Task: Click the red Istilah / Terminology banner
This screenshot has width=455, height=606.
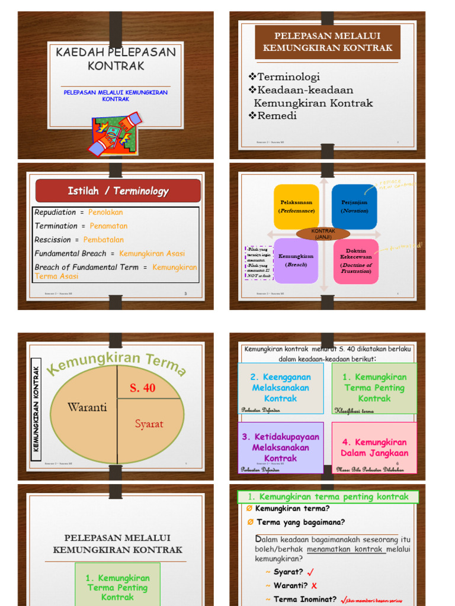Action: click(118, 191)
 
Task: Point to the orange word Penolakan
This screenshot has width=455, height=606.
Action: click(105, 212)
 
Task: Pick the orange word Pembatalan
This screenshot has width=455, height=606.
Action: click(104, 240)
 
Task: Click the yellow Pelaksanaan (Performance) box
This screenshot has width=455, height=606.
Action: click(296, 207)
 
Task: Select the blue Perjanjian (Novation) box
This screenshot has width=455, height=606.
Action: click(354, 207)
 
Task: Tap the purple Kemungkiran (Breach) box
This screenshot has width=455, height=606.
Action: click(296, 260)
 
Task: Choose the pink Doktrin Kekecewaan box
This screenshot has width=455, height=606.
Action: click(355, 261)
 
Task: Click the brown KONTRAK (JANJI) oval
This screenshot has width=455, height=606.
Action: click(323, 233)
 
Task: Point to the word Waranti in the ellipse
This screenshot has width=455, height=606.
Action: click(87, 407)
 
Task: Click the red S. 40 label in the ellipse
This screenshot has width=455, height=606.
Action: click(142, 388)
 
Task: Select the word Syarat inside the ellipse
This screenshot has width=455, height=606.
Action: click(149, 424)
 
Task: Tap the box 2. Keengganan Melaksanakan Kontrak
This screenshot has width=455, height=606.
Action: click(280, 388)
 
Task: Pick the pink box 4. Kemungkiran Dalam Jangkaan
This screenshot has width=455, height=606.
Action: click(374, 447)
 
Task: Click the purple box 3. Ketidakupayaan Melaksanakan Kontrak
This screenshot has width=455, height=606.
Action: click(280, 447)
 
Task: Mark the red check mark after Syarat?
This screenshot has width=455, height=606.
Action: click(310, 572)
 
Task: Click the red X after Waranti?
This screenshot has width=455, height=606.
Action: click(314, 586)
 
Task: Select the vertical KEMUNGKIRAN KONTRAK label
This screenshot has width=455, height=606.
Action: click(36, 409)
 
